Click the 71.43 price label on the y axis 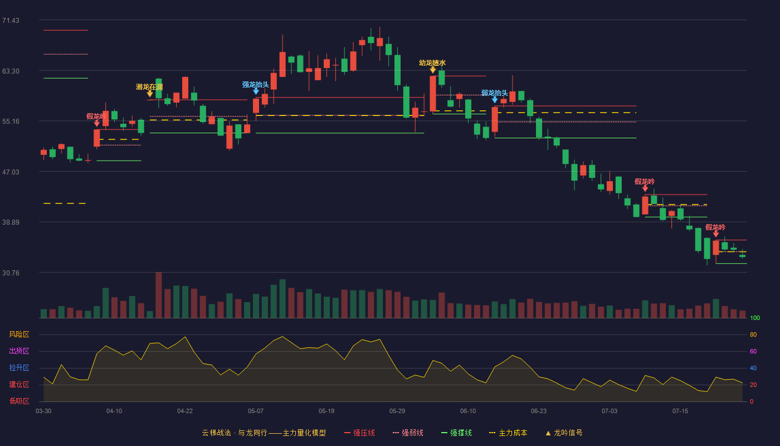pyautogui.click(x=11, y=21)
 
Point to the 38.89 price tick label pyautogui.click(x=11, y=222)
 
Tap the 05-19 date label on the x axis pyautogui.click(x=326, y=411)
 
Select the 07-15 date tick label pyautogui.click(x=680, y=411)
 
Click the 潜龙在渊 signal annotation pyautogui.click(x=149, y=87)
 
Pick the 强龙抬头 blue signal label pyautogui.click(x=256, y=85)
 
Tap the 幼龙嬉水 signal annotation pyautogui.click(x=432, y=62)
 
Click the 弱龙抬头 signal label pyautogui.click(x=495, y=93)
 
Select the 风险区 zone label pyautogui.click(x=19, y=334)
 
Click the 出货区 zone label pyautogui.click(x=19, y=351)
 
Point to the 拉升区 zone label pyautogui.click(x=19, y=367)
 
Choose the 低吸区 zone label pyautogui.click(x=19, y=401)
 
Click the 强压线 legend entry pyautogui.click(x=359, y=433)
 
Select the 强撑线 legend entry pyautogui.click(x=456, y=433)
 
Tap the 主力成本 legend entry pyautogui.click(x=508, y=433)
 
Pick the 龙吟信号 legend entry pyautogui.click(x=564, y=433)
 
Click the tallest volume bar pyautogui.click(x=158, y=295)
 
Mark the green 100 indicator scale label pyautogui.click(x=755, y=318)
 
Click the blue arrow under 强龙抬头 pyautogui.click(x=256, y=91)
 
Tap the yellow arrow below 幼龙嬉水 pyautogui.click(x=433, y=70)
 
